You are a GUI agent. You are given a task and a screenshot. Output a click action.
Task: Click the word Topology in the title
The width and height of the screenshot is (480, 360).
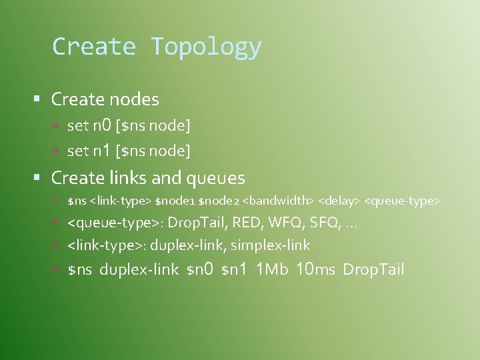coord(206,47)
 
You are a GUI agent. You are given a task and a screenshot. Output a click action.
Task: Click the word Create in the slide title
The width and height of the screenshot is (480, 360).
coord(94,47)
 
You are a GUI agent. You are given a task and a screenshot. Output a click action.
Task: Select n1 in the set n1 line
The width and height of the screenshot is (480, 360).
coord(101,151)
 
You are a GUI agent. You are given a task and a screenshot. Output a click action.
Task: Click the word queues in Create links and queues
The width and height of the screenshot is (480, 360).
coord(216,178)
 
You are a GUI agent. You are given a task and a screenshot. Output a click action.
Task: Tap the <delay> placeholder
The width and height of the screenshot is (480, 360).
coord(339,201)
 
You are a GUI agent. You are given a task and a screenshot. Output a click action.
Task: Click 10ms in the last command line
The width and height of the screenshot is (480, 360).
coord(315,269)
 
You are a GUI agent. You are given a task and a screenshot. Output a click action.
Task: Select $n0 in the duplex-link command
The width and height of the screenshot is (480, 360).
coord(199,269)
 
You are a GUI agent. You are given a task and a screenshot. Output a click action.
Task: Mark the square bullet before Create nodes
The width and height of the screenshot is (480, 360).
coord(38,100)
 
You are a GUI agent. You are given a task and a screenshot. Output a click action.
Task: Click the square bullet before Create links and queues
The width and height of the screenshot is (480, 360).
coord(38,179)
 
